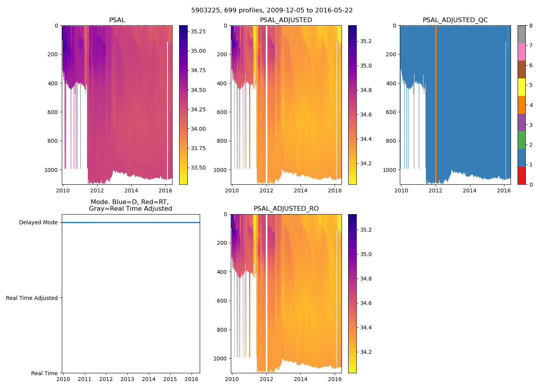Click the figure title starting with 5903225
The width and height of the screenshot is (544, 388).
(272, 10)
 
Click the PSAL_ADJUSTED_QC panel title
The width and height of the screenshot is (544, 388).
(455, 20)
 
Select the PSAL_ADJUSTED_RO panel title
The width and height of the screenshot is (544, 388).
(286, 209)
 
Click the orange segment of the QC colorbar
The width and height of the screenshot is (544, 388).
(521, 105)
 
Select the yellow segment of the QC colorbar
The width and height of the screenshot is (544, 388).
(521, 87)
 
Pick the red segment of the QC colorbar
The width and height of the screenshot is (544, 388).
(521, 175)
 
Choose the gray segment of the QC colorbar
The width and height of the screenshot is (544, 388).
(521, 34)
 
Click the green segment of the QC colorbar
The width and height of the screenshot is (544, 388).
(521, 140)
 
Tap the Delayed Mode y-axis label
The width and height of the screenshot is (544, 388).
(38, 222)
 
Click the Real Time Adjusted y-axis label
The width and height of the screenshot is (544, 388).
(32, 298)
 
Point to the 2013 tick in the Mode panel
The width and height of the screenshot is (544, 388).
(127, 379)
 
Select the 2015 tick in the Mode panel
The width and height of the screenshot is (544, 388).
(170, 379)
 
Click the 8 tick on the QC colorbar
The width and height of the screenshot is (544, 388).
(530, 26)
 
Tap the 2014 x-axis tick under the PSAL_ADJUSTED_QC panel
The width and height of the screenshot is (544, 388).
(469, 191)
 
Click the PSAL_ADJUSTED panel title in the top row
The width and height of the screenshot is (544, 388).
(286, 20)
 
